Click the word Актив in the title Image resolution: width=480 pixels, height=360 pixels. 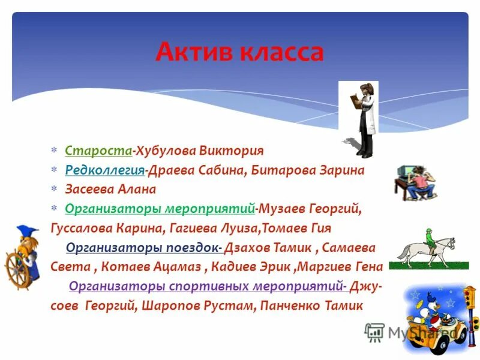[194, 52]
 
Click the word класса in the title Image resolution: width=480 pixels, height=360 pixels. [281, 52]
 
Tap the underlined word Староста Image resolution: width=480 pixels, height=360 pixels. [98, 150]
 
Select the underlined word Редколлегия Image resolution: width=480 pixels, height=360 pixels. [104, 170]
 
